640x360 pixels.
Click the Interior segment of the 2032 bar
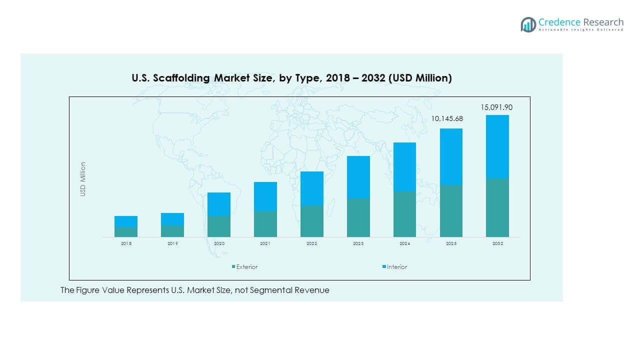tap(497, 147)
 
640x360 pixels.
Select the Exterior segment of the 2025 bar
tap(451, 211)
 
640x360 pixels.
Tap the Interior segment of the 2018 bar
tap(125, 221)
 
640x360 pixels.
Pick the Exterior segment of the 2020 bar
tap(218, 226)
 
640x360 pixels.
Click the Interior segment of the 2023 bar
tap(358, 177)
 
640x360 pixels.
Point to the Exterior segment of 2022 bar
tap(311, 221)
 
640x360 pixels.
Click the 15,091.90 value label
tap(496, 107)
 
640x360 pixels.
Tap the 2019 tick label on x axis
tap(172, 243)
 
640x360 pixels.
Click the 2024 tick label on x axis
tap(404, 243)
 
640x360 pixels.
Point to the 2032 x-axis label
tap(497, 243)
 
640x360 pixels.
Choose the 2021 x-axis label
tap(265, 243)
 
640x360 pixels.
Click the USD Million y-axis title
tap(83, 179)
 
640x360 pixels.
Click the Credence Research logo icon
tap(528, 24)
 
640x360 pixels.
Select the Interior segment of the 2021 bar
tap(265, 196)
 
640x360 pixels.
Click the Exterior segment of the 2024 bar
tap(404, 214)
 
